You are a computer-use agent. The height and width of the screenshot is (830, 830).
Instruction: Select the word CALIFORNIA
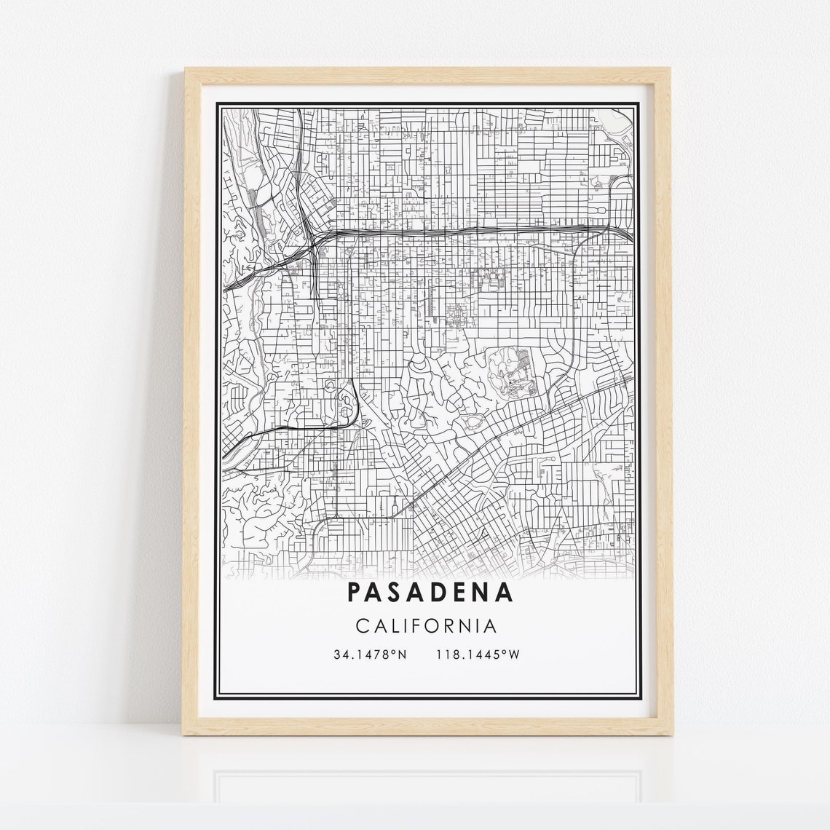(x=427, y=625)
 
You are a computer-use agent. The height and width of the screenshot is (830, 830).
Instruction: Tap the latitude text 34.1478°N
(x=369, y=655)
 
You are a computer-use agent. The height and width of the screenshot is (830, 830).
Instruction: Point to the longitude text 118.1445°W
(x=478, y=655)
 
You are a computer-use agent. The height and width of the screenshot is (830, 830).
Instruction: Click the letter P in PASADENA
(x=355, y=592)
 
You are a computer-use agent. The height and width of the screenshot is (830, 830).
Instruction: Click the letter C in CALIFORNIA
(x=363, y=625)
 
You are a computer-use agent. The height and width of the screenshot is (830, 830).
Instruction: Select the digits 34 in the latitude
(x=341, y=655)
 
